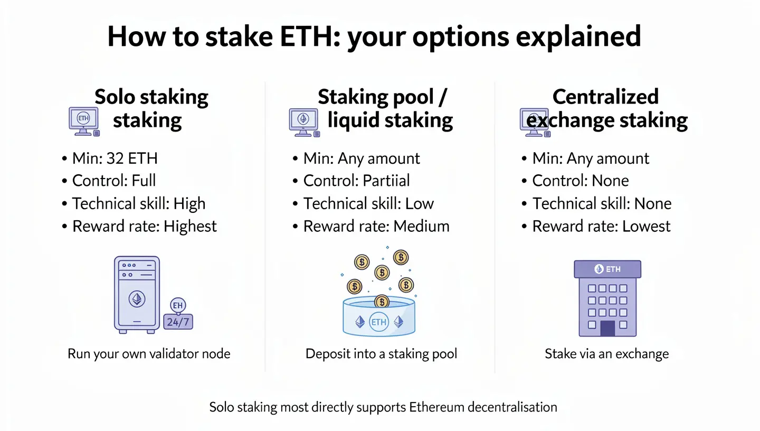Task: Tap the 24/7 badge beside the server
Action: pos(178,321)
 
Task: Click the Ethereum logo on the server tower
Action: pos(137,299)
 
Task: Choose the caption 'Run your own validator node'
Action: pos(149,353)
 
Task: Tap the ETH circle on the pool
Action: pos(379,322)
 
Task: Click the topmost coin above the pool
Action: pos(401,257)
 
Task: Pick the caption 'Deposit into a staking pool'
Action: pos(381,353)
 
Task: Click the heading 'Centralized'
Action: pos(605,97)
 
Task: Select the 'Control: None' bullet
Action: pos(580,181)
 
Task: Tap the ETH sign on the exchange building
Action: pos(607,269)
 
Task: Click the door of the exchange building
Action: pos(607,329)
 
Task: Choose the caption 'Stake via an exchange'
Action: pos(606,353)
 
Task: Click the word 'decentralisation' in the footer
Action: pos(512,407)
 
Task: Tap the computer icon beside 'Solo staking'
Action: pos(84,121)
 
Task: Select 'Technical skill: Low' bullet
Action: pos(368,203)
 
